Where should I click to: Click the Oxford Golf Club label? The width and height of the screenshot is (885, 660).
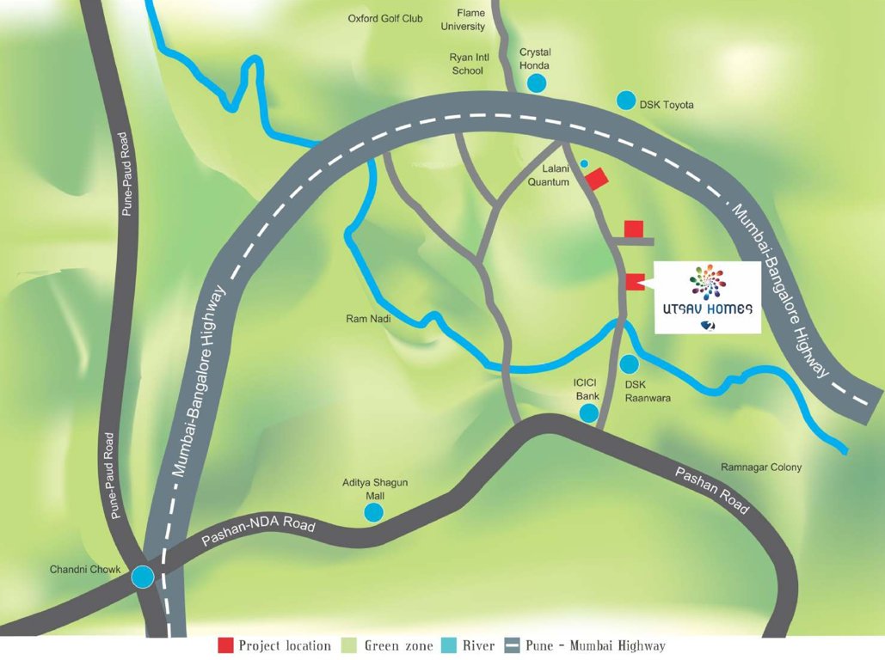[x=385, y=18]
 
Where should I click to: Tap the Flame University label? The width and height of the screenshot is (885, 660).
[x=464, y=19]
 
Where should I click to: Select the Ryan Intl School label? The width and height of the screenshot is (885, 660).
[x=468, y=64]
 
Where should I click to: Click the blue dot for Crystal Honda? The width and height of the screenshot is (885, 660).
[x=537, y=82]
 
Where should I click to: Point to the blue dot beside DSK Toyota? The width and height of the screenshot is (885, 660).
[x=626, y=101]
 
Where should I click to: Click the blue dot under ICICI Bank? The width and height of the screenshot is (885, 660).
[x=589, y=413]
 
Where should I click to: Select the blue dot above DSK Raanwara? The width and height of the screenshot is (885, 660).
[x=630, y=364]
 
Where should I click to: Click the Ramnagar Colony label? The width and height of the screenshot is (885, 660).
[x=760, y=467]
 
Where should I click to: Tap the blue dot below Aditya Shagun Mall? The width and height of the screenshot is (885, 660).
[x=374, y=512]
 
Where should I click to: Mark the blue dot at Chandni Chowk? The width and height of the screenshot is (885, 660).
[x=143, y=577]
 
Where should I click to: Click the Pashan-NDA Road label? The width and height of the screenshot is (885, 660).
[x=258, y=533]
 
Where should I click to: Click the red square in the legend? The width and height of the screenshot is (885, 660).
[x=225, y=645]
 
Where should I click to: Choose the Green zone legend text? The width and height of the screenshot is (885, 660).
[x=392, y=645]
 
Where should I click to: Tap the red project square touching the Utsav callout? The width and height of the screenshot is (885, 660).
[x=635, y=282]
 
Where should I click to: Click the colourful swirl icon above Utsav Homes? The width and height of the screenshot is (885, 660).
[x=708, y=282]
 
